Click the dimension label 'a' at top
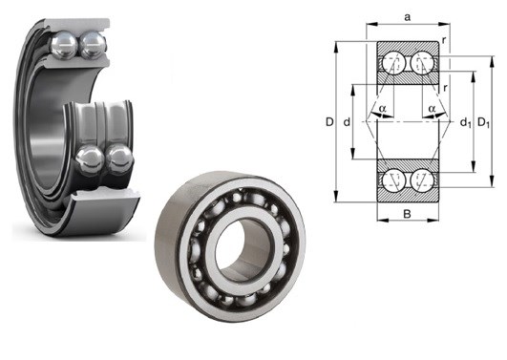click(408, 17)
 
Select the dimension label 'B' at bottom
click(407, 214)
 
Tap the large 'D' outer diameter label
click(329, 122)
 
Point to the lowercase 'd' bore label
click(347, 122)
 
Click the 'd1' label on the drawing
click(465, 122)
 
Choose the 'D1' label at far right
click(484, 122)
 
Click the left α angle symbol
click(383, 108)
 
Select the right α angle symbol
click(432, 108)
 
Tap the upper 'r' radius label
click(444, 40)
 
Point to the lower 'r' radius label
click(446, 88)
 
